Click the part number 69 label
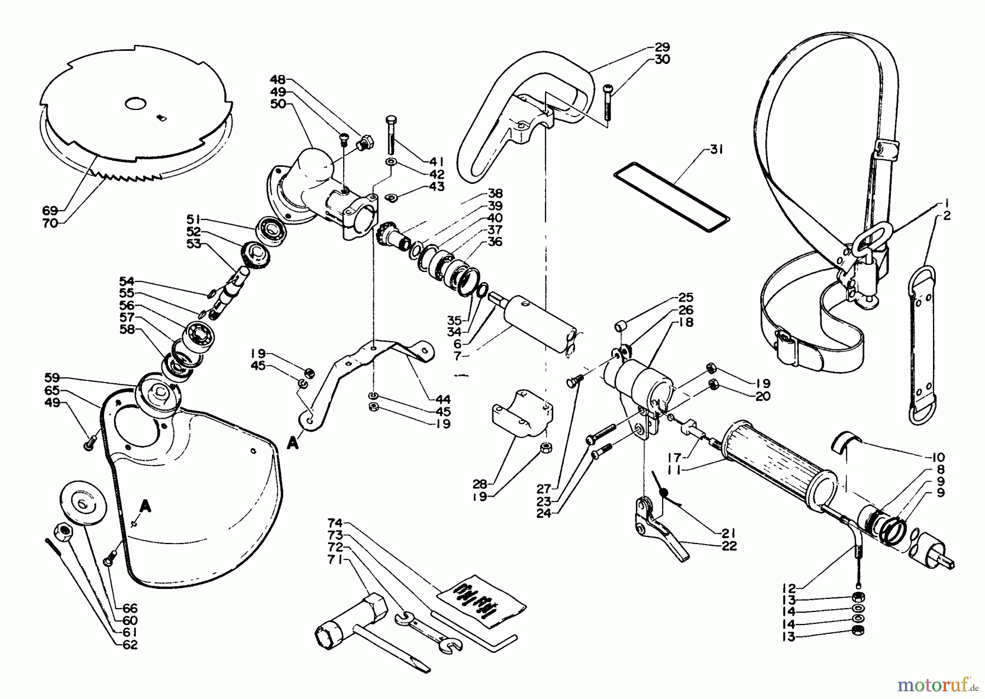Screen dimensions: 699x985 pyautogui.click(x=50, y=210)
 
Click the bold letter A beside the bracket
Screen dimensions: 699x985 pyautogui.click(x=293, y=444)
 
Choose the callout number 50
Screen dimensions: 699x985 pyautogui.click(x=279, y=105)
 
